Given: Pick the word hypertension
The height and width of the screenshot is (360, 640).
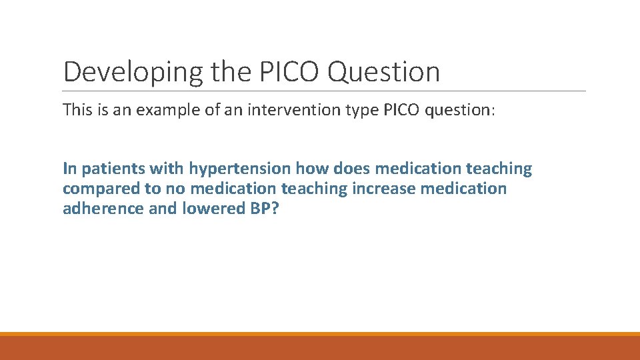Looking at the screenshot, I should point(239,169).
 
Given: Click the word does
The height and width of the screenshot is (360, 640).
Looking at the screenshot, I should point(351,169).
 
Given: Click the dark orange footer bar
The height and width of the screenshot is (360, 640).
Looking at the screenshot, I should point(320,348).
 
